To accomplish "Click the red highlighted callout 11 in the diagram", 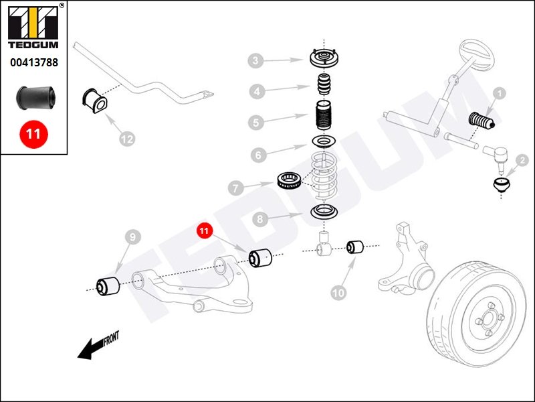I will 204,231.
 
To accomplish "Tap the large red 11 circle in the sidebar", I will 33,133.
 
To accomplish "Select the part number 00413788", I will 33,64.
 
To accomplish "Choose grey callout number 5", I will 255,123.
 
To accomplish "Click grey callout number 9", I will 132,237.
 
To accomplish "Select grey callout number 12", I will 126,139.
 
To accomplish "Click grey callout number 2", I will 522,161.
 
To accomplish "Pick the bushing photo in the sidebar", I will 33,98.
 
